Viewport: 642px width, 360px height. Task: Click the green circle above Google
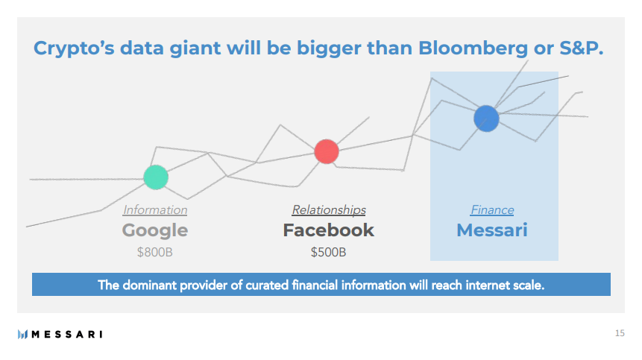[156, 177]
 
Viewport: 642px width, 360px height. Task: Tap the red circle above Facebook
[327, 151]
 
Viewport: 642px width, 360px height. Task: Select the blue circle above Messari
[486, 119]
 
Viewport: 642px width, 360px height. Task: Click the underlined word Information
[155, 210]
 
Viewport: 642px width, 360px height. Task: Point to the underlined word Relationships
[329, 210]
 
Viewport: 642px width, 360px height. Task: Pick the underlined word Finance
[492, 210]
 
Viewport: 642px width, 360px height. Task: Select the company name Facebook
[328, 230]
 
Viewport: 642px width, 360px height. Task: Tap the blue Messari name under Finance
[492, 230]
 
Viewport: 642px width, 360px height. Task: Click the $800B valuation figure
[155, 252]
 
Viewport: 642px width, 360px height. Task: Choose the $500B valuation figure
[328, 252]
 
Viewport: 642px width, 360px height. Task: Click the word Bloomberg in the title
[473, 48]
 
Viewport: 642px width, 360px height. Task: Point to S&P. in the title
[582, 48]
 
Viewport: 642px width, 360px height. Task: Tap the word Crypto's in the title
[74, 49]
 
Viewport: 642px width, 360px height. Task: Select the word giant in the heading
[195, 49]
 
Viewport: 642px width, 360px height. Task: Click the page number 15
[620, 333]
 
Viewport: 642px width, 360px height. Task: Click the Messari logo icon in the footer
[22, 334]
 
